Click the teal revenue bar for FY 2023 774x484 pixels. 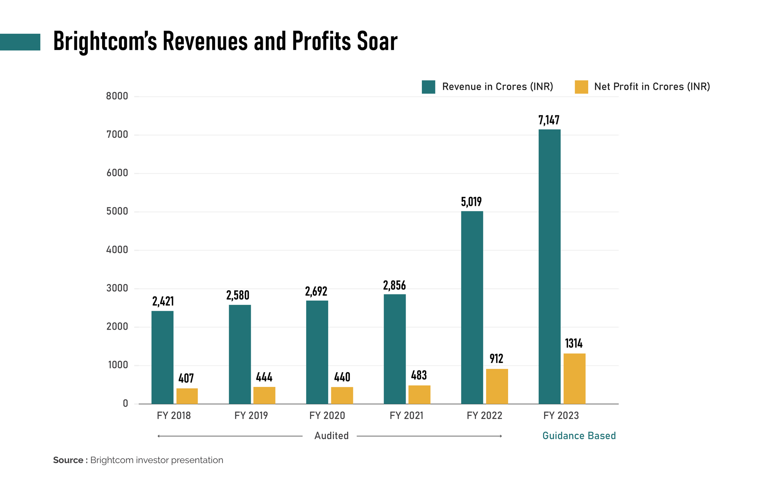click(549, 267)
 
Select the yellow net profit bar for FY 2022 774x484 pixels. click(497, 386)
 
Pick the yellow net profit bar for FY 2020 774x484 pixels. click(342, 395)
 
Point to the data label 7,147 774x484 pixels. click(549, 120)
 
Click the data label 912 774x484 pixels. click(496, 359)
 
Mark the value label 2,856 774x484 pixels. click(394, 286)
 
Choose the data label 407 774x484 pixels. click(186, 378)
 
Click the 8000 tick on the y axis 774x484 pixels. click(117, 96)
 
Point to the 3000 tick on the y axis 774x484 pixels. click(117, 288)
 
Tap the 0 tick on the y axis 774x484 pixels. click(125, 404)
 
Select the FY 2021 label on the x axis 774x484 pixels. click(406, 416)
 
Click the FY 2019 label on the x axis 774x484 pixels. click(251, 416)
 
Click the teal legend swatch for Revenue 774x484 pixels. click(428, 87)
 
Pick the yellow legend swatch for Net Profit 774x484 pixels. click(581, 87)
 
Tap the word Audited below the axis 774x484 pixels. click(331, 436)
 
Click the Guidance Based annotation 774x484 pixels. click(579, 436)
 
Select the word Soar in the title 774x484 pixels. click(377, 41)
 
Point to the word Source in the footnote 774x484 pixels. click(68, 460)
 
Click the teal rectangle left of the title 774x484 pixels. click(20, 42)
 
